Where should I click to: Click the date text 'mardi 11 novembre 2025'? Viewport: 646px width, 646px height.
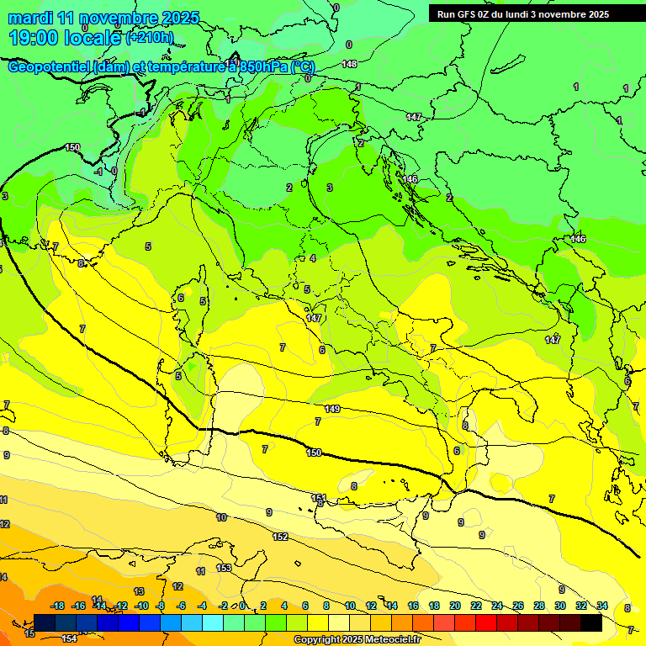[104, 18]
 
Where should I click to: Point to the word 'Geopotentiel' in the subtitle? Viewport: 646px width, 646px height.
[51, 67]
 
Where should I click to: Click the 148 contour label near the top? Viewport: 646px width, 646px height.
[349, 64]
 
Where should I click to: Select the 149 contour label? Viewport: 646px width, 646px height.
[332, 409]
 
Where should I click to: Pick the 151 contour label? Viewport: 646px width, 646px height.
[319, 498]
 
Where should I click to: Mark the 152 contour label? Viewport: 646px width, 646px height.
[280, 537]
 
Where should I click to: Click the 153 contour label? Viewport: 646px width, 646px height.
[224, 568]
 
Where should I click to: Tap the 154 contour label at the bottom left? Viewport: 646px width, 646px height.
[69, 639]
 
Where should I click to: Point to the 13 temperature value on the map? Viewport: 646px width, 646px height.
[139, 591]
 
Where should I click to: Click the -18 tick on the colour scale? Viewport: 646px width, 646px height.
[58, 606]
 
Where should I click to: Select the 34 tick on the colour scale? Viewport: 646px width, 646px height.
[602, 606]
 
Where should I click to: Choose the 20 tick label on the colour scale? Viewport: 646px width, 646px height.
[455, 606]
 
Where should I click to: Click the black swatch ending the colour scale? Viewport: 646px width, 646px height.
[590, 622]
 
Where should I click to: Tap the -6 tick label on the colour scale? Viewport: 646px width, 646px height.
[182, 606]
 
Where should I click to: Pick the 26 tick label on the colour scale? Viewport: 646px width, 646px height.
[518, 606]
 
